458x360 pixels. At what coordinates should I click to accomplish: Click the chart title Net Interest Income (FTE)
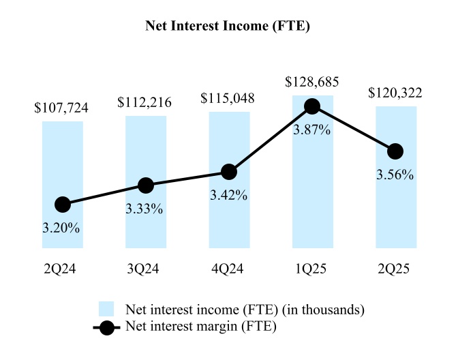[229, 27]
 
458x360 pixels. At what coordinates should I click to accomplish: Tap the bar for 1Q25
[312, 191]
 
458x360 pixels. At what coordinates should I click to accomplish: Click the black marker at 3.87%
[312, 106]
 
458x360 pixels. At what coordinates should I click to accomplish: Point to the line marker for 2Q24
[63, 204]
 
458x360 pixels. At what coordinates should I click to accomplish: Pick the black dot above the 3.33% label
[146, 185]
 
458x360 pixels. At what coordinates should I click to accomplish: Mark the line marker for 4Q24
[229, 172]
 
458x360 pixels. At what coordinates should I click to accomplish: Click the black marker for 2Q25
[395, 151]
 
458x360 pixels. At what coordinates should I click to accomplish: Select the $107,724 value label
[61, 108]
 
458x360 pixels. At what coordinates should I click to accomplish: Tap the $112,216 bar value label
[144, 103]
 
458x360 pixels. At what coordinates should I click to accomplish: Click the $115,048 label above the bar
[228, 98]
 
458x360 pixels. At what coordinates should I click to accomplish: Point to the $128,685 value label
[311, 82]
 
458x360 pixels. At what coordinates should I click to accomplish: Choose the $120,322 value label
[395, 93]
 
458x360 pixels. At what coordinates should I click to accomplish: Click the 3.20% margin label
[63, 228]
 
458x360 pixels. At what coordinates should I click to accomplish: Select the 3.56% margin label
[395, 175]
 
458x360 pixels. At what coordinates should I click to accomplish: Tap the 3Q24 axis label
[146, 269]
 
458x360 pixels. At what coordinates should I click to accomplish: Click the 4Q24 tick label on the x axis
[229, 269]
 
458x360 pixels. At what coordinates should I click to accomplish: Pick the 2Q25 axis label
[395, 269]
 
